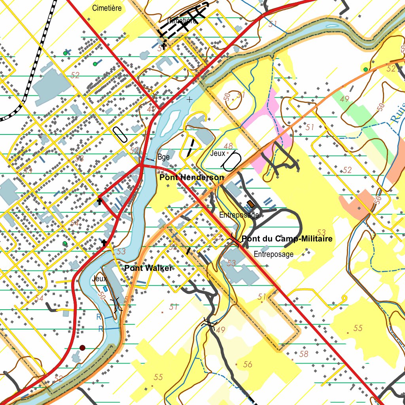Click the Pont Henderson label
191,178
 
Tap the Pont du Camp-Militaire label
287,239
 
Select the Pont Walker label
148,268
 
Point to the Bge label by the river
163,157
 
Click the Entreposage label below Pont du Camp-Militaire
274,254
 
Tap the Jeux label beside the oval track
218,153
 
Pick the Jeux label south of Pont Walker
99,279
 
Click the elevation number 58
304,354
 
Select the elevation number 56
248,364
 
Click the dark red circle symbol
82,348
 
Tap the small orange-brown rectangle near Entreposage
251,204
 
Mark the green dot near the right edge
365,69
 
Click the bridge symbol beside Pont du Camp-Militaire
233,238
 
